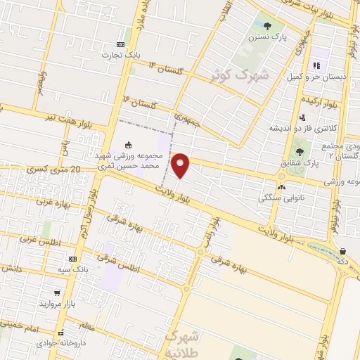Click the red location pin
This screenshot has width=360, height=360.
click(181, 165)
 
